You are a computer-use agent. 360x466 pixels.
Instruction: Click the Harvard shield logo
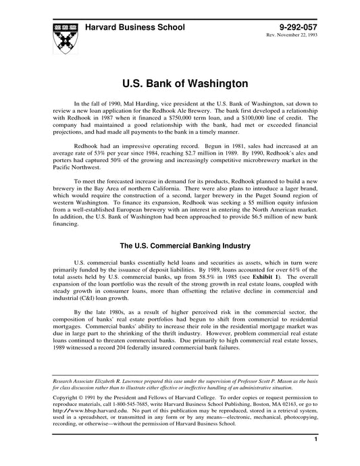point(62,35)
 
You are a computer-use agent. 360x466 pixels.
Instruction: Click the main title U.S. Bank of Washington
point(179,84)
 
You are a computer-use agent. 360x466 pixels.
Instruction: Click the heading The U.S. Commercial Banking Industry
point(179,247)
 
